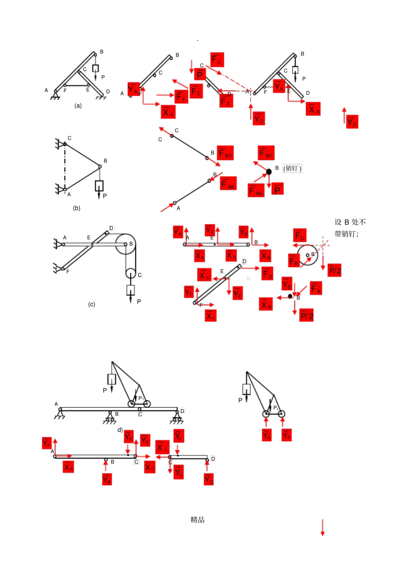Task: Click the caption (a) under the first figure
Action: click(78, 106)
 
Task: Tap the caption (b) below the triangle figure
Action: click(76, 208)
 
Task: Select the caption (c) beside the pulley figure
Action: click(92, 304)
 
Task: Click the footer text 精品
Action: click(197, 520)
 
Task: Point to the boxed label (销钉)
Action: click(292, 169)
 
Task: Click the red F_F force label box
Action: click(181, 97)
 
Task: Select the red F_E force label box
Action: click(226, 100)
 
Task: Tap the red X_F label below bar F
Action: click(211, 316)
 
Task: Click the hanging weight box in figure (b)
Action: click(99, 185)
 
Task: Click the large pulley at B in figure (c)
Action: click(125, 244)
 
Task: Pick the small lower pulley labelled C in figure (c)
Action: click(130, 273)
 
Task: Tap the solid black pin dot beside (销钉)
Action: click(269, 172)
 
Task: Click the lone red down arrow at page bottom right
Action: click(322, 527)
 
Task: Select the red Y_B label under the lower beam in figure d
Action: click(107, 480)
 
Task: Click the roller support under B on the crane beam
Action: click(110, 417)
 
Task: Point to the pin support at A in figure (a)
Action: click(54, 96)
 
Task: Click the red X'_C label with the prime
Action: click(162, 447)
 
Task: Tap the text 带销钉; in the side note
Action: click(346, 234)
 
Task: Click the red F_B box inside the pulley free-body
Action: click(294, 260)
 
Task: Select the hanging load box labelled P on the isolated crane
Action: click(247, 389)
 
